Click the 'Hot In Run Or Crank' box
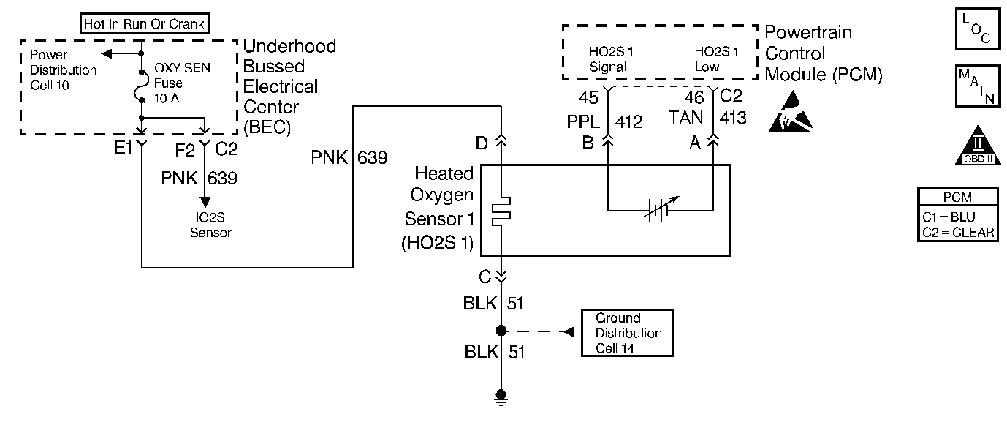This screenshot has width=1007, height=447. [145, 23]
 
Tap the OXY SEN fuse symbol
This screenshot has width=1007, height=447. [141, 86]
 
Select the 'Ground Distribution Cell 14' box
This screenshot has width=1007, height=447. [628, 333]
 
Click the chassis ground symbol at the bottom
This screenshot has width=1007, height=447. [501, 397]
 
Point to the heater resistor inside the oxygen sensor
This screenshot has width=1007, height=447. [501, 211]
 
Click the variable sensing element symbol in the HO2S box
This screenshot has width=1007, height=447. [660, 209]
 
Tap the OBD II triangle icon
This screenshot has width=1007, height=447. [978, 146]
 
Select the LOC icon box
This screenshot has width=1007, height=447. [978, 29]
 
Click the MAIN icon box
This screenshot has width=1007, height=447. [978, 86]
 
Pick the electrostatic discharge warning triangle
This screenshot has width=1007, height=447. [791, 112]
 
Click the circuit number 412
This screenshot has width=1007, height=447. [628, 121]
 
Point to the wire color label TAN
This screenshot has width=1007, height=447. [685, 118]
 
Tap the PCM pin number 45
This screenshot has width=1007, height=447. [588, 97]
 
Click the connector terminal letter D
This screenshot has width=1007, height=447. [482, 143]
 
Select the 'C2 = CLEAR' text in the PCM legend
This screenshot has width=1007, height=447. [958, 232]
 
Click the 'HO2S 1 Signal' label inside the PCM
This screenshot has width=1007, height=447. [611, 59]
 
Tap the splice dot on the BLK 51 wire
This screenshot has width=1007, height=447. [501, 331]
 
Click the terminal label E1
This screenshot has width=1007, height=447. [123, 147]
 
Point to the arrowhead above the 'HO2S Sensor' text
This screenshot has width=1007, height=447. [205, 202]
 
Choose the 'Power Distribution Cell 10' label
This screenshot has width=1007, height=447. [63, 70]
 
